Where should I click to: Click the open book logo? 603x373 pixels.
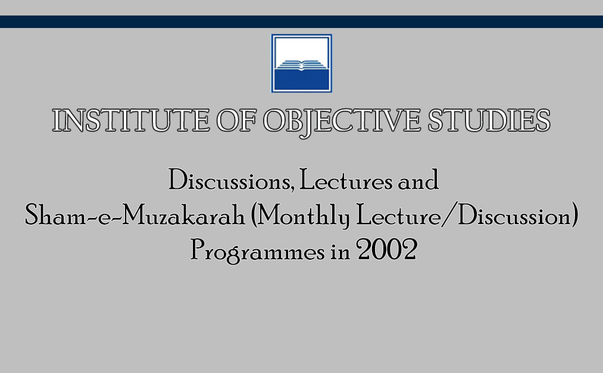301,64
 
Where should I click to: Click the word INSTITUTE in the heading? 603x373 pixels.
131,120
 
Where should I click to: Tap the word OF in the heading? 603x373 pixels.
236,120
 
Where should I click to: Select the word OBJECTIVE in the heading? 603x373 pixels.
342,122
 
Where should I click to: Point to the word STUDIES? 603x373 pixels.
489,120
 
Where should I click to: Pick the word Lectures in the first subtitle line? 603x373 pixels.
346,180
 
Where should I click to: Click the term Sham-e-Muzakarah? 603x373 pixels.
135,216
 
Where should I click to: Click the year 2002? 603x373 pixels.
387,250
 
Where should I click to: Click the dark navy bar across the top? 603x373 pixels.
301,21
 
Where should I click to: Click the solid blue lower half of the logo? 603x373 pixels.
301,80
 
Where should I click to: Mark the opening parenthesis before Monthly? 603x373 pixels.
254,216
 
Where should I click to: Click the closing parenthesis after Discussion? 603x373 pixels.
575,216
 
